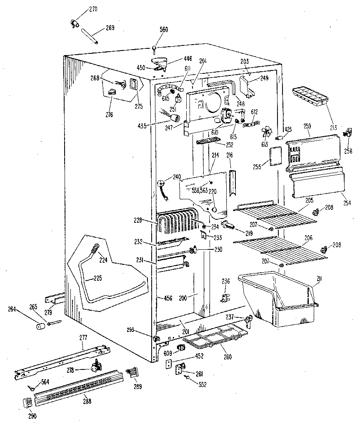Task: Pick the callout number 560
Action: point(164,30)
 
